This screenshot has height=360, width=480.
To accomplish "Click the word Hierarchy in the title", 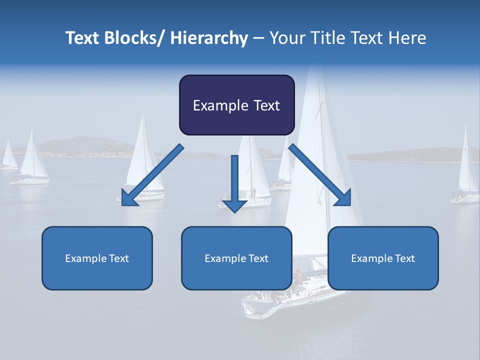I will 209,38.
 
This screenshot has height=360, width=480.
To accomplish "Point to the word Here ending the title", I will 406,38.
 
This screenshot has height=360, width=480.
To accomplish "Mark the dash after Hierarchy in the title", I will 258,39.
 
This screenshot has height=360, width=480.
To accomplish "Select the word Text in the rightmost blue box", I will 404,258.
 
